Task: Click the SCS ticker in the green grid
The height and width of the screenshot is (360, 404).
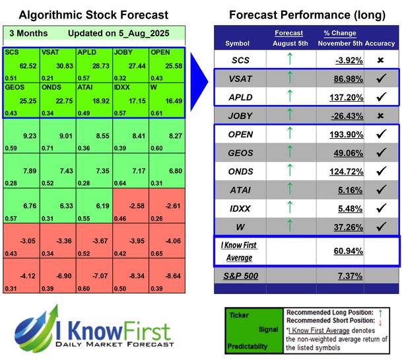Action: [12, 52]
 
